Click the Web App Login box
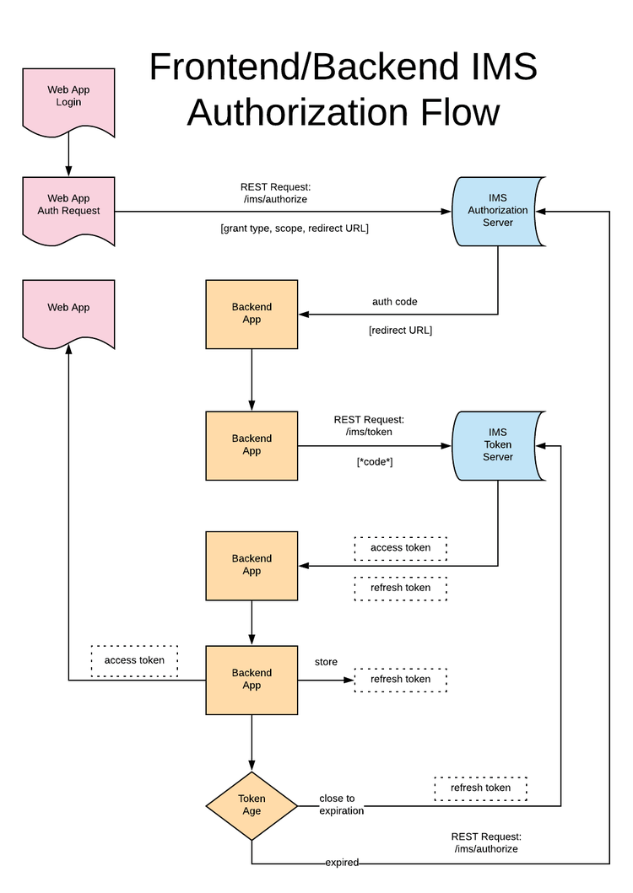pyautogui.click(x=68, y=98)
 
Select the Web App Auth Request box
pyautogui.click(x=68, y=206)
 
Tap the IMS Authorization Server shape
pyautogui.click(x=498, y=211)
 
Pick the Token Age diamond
pyautogui.click(x=252, y=804)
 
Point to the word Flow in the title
pyautogui.click(x=452, y=113)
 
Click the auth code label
pyautogui.click(x=394, y=301)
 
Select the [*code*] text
pyautogui.click(x=375, y=461)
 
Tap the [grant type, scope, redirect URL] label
pyautogui.click(x=295, y=228)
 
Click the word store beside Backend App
pyautogui.click(x=327, y=662)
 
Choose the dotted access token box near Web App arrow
pyautogui.click(x=134, y=660)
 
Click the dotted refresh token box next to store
pyautogui.click(x=400, y=679)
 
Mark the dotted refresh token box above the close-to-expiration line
pyautogui.click(x=480, y=788)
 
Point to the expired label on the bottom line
pyautogui.click(x=342, y=863)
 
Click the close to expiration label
pyautogui.click(x=341, y=804)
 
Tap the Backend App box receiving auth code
pyautogui.click(x=252, y=314)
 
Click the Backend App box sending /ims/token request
pyautogui.click(x=252, y=444)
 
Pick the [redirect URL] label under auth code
pyautogui.click(x=400, y=330)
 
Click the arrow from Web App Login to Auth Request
pyautogui.click(x=68, y=156)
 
